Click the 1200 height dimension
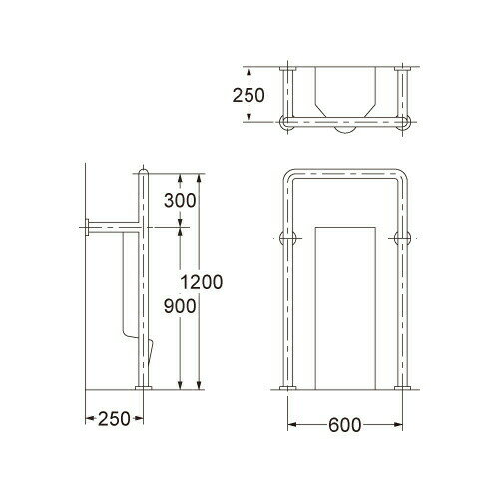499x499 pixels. coord(202,282)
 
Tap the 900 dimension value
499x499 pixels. coord(180,306)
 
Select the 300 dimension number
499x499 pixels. coord(180,201)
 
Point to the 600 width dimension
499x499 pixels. coord(344,425)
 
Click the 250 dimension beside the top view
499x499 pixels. coord(249,95)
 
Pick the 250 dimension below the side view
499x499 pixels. coord(114,418)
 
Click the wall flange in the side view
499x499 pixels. coord(87,227)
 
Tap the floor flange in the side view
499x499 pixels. coord(144,388)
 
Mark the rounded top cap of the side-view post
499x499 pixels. coord(144,171)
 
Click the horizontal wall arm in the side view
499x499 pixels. coord(114,227)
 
